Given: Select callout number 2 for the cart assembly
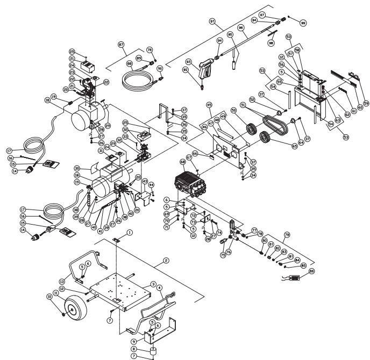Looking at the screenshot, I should tap(167, 260).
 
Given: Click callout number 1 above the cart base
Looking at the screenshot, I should tap(130, 233).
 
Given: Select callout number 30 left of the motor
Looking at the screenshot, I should tap(77, 168).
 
